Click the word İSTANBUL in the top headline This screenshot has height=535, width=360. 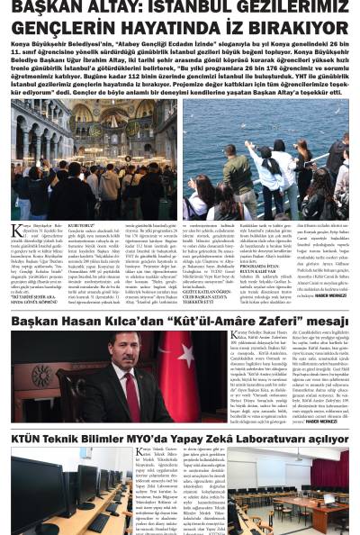coord(184,8)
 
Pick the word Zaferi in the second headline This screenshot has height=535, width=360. coord(275,320)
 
